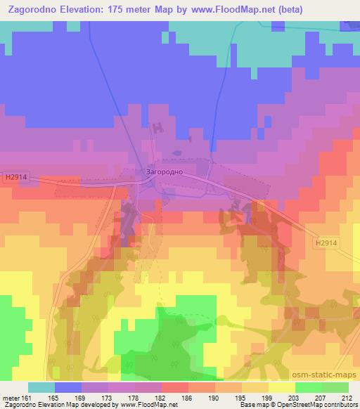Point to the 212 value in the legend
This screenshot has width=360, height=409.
point(346,397)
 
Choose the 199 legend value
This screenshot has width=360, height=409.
point(259,397)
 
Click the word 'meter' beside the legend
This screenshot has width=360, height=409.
point(12,397)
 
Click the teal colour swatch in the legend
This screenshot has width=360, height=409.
point(41,387)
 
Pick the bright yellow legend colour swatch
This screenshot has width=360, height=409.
point(281,387)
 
